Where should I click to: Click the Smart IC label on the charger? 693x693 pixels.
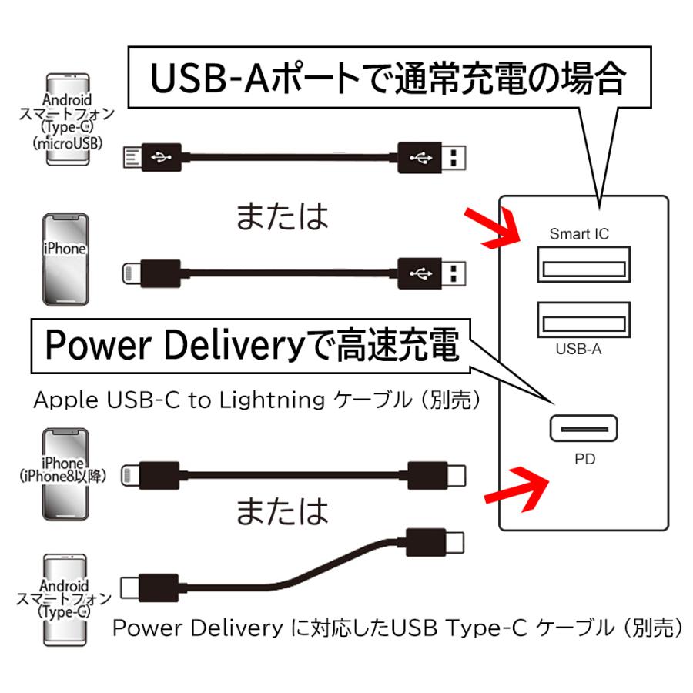tap(579, 233)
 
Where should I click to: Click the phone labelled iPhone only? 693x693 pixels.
tap(65, 258)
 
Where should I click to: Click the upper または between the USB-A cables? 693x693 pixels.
tap(282, 216)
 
